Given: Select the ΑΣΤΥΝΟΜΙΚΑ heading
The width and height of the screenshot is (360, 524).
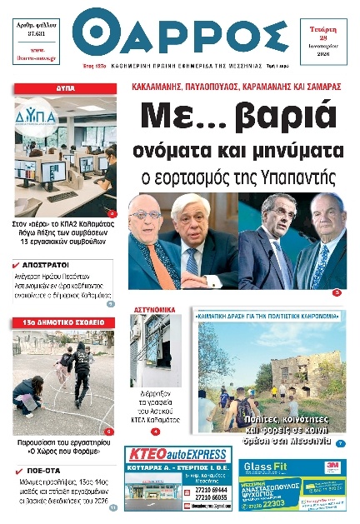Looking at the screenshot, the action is (x=152, y=310).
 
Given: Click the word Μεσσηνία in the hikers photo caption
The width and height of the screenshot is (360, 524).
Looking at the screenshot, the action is (x=313, y=439).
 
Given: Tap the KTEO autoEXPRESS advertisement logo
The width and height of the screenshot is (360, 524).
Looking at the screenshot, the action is (x=177, y=455).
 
